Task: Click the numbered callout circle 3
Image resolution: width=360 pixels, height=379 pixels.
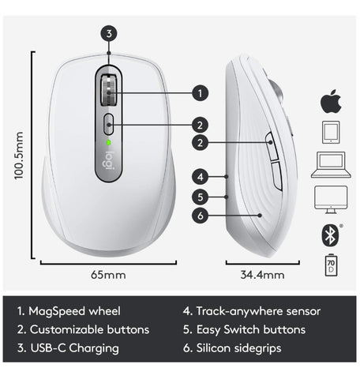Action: [109, 34]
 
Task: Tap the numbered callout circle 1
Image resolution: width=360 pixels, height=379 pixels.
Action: [200, 93]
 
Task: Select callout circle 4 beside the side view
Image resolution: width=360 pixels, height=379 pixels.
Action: [201, 177]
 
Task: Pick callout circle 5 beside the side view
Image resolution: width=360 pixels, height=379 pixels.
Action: [201, 197]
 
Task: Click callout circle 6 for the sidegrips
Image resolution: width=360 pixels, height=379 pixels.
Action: [201, 216]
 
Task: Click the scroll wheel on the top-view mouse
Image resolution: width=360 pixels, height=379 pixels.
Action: [109, 90]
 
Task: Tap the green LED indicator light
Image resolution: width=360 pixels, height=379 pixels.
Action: [108, 143]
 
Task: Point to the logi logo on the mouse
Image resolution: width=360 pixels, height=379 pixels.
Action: [108, 160]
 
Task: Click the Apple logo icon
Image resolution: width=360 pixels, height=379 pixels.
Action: [331, 101]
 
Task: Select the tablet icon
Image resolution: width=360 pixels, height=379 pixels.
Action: [331, 132]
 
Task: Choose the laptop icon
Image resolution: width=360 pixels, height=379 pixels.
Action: [331, 165]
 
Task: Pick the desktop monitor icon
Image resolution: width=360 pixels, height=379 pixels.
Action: [331, 200]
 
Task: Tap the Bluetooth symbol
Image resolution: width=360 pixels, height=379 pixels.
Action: [330, 235]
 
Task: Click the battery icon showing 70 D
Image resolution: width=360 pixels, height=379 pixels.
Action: [331, 265]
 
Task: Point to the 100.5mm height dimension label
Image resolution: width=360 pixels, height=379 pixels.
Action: [19, 156]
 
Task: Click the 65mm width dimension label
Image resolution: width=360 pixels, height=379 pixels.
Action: [108, 275]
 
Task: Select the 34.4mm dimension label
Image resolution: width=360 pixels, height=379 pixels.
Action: [262, 275]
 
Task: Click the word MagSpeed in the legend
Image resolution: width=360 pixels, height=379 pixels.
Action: [57, 311]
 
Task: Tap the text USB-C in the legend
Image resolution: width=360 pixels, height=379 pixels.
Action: [48, 348]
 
